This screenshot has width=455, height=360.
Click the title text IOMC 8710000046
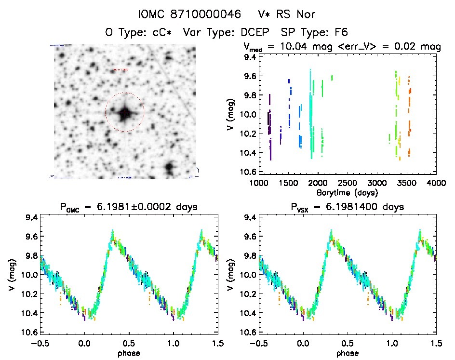coord(189,14)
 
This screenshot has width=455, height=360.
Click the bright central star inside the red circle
coord(125,112)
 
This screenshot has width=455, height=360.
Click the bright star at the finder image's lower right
coord(169,168)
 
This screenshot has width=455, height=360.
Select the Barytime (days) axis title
coord(348,192)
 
